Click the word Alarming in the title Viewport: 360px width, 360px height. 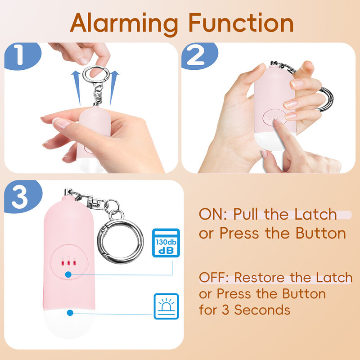124,24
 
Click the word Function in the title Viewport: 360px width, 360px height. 241,22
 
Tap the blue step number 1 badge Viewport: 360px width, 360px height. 22,56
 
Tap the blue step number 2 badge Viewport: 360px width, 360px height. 199,56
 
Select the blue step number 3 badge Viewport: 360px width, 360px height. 23,196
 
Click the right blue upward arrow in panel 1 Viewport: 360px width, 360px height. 114,88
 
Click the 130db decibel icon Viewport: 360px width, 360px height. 166,243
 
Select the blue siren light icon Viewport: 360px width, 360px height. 166,306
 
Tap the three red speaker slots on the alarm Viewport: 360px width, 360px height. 68,263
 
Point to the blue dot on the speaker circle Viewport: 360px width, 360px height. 68,274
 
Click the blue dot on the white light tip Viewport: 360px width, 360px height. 70,313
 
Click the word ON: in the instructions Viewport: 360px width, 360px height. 213,214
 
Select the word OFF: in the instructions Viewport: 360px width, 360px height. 214,277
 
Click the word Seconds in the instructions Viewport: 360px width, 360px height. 262,310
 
